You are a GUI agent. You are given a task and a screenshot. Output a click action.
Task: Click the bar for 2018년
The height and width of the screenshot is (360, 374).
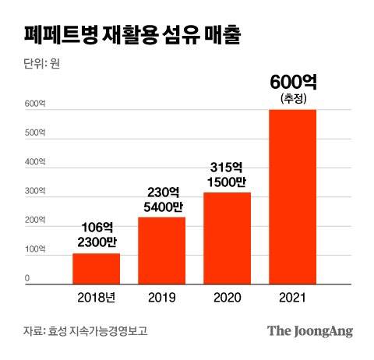point(97,268)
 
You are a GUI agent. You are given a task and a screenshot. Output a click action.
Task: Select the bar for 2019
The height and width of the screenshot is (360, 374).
point(161,250)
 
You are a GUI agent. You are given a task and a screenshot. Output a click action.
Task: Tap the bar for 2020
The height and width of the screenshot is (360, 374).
point(227,238)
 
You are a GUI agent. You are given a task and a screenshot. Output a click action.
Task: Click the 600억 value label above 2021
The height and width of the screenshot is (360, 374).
point(293,82)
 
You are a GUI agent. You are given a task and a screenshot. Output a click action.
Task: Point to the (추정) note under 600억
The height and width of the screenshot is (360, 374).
point(293,98)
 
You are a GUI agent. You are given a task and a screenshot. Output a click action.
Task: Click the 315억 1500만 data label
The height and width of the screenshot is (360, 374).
point(228,174)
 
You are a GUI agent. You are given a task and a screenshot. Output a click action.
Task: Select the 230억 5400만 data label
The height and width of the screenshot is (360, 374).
point(162,199)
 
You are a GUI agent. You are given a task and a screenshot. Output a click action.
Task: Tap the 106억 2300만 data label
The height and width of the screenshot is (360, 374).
point(97,235)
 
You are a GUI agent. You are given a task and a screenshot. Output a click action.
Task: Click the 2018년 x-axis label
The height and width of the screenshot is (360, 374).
point(97,298)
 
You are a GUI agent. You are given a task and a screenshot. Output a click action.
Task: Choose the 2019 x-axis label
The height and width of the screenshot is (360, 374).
point(162,298)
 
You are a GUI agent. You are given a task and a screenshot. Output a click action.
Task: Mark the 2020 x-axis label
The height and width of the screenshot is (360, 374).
point(228,298)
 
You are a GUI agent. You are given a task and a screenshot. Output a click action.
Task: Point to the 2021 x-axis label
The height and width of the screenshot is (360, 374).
point(293,298)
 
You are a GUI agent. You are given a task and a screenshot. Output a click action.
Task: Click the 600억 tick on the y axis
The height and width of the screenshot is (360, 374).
point(34,104)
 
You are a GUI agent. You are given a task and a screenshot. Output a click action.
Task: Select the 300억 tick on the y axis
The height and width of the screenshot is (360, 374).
point(34,192)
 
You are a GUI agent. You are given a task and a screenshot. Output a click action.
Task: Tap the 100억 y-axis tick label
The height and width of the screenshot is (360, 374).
point(34,249)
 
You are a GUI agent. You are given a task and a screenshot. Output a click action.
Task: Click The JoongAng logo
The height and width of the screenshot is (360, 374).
point(310,330)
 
